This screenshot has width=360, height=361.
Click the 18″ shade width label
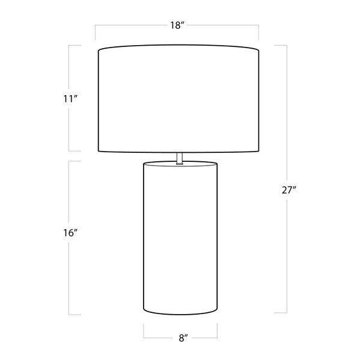177,25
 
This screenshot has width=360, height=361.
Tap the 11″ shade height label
70,99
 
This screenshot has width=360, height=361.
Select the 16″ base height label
70,233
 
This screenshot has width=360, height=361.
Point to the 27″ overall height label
288,190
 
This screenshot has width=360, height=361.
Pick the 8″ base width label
183,338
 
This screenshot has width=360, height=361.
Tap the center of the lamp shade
178,99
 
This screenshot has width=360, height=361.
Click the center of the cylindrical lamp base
180,238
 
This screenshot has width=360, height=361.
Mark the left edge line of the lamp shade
99,100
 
